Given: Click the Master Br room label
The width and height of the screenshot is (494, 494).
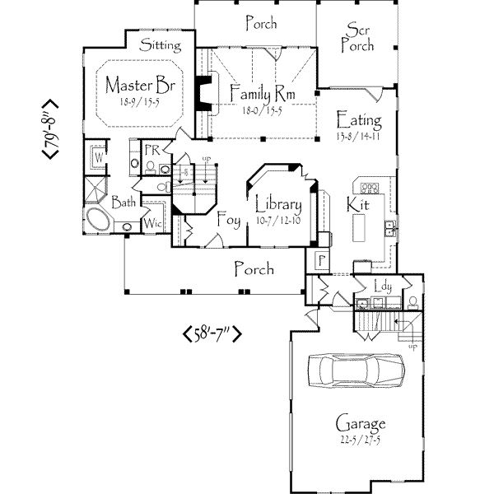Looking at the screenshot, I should (x=136, y=86).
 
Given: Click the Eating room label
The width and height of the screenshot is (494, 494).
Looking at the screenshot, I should (x=359, y=120).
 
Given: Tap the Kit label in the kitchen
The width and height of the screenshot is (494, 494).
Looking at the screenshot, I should (x=357, y=203).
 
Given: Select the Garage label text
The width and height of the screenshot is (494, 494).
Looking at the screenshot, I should (x=361, y=424).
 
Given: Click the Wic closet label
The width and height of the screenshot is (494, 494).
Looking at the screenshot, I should (x=153, y=223).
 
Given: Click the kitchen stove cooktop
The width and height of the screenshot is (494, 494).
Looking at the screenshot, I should (x=369, y=187).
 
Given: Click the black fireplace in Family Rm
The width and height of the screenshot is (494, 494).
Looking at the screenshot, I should (x=201, y=92).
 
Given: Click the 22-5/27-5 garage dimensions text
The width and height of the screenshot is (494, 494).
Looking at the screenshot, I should (x=361, y=441).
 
